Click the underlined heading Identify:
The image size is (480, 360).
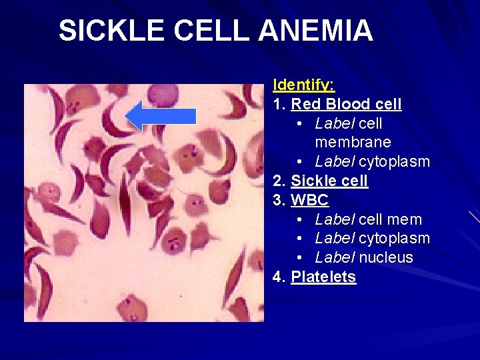(304, 85)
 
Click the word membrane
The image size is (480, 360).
(353, 142)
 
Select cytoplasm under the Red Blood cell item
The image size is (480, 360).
(394, 161)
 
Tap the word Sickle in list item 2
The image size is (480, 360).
(313, 181)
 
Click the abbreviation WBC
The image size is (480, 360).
(310, 200)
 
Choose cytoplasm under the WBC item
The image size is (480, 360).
(394, 238)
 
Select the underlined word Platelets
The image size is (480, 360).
(323, 277)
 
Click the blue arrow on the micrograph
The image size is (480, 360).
(161, 116)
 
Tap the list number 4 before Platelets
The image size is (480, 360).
(277, 277)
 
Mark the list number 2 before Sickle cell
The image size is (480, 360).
(277, 181)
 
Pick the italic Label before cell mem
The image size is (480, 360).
(335, 219)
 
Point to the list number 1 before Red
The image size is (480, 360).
(277, 104)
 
